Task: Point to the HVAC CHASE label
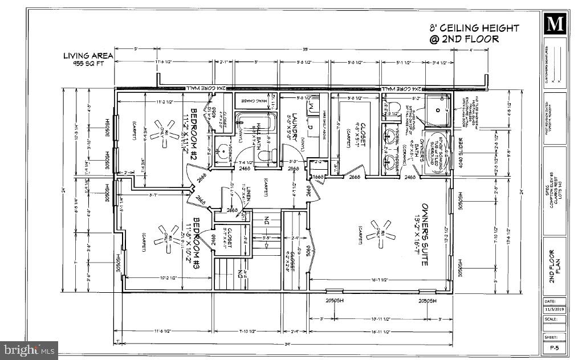(255, 101)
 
